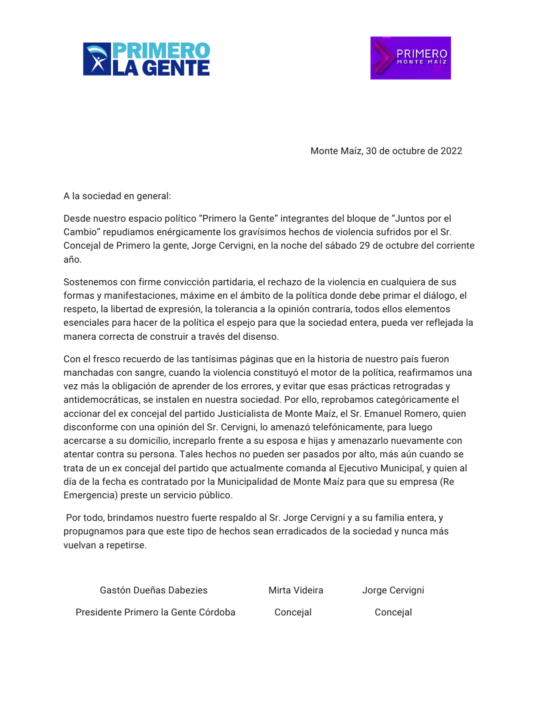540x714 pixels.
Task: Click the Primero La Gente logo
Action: coord(146,59)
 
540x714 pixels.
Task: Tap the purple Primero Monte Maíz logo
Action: coord(410,58)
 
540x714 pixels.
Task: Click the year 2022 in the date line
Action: coord(451,151)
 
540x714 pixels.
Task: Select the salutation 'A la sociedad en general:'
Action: coord(117,196)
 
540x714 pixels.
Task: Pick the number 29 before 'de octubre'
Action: coord(364,246)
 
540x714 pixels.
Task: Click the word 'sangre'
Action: coord(149,373)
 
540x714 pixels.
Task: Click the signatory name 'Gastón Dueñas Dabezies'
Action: coord(153,590)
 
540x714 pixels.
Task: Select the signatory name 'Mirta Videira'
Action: coord(295,590)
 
